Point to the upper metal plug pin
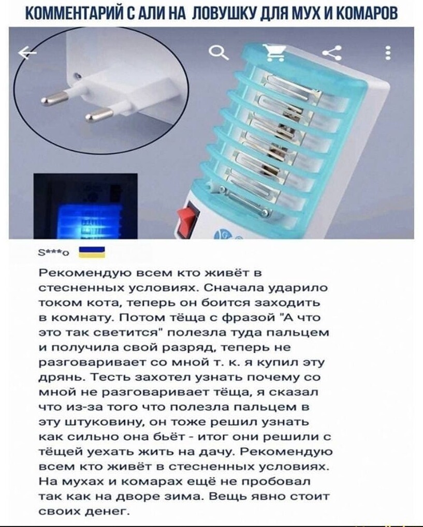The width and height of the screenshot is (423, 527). [x=54, y=96]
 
